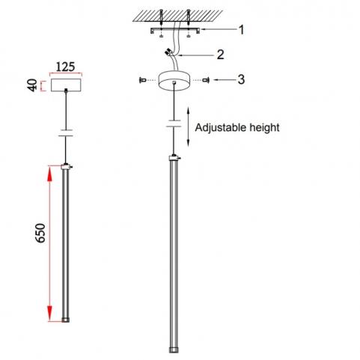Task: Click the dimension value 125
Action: [x=65, y=67]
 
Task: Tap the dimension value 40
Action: [x=33, y=85]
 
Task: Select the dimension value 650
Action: [x=40, y=233]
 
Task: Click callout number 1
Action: [x=241, y=30]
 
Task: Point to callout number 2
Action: [x=220, y=55]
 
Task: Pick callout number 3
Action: [x=241, y=79]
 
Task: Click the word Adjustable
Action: [x=222, y=128]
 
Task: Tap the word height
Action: [x=264, y=127]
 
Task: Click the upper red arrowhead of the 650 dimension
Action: [x=50, y=174]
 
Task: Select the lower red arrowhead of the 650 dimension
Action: [x=50, y=314]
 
